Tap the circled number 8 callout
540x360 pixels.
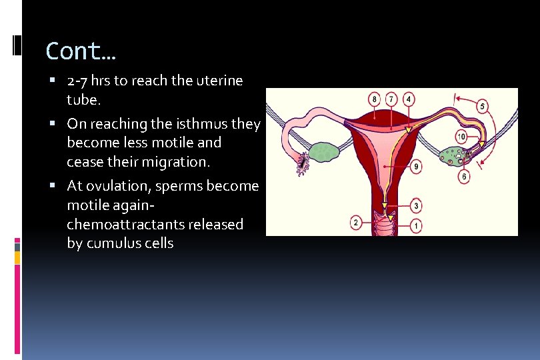375,99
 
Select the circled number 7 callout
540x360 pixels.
392,99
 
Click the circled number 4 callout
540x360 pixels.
409,99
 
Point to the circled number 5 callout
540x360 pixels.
482,106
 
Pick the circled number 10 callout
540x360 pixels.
464,176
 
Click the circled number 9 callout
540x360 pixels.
416,166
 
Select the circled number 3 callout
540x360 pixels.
416,206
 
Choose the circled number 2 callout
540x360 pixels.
357,222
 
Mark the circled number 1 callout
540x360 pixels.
416,227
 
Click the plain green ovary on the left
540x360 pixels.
325,152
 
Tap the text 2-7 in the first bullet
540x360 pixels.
78,81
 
